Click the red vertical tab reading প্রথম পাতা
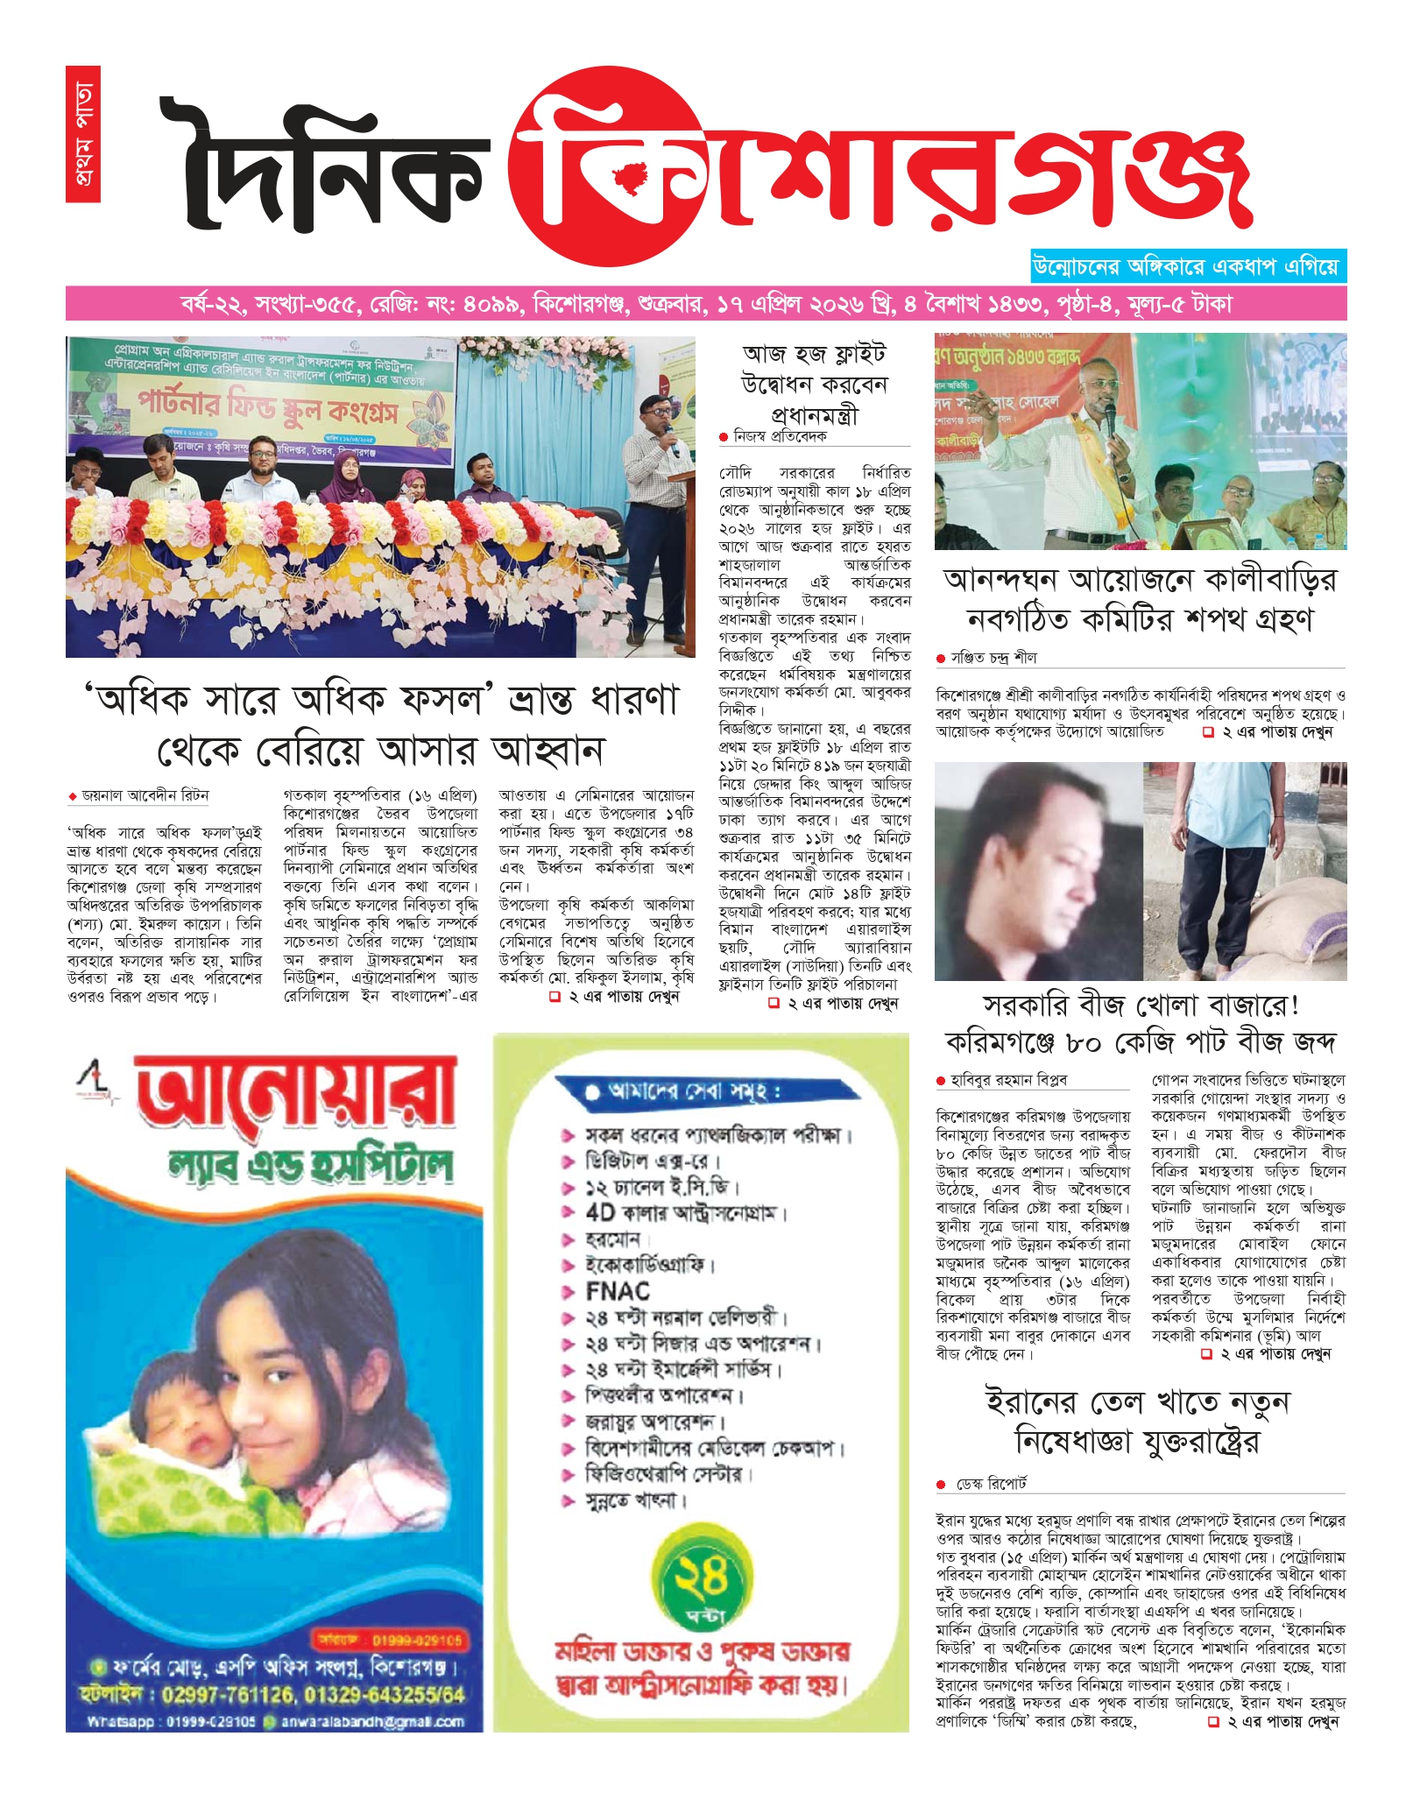[82, 133]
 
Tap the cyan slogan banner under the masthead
[1188, 266]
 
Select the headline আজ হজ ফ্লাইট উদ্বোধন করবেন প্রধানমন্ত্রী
[814, 384]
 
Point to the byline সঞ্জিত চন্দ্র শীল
[993, 657]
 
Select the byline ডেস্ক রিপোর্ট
[991, 1484]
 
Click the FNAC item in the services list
[618, 1291]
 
